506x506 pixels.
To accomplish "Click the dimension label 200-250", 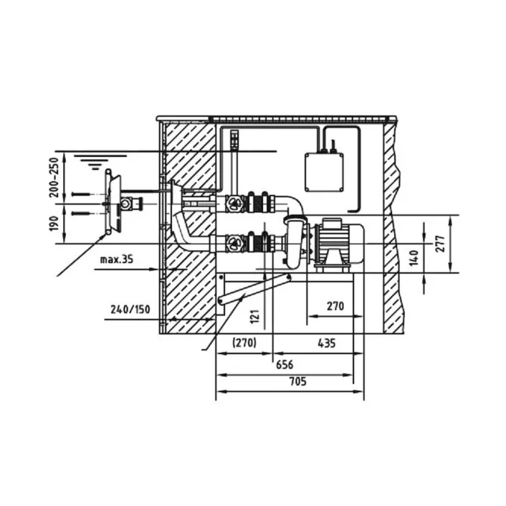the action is coord(54,177).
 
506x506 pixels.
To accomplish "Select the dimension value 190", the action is coord(54,223).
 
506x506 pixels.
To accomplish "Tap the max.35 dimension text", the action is coord(116,259).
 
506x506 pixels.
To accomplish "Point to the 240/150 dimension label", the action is coord(130,309).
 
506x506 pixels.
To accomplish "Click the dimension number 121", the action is coord(255,317).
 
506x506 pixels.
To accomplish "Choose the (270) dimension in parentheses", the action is coord(245,342).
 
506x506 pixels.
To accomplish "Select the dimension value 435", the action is coord(327,343).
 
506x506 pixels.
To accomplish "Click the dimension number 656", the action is coord(285,365).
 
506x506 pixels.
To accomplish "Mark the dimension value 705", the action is coord(298,382).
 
